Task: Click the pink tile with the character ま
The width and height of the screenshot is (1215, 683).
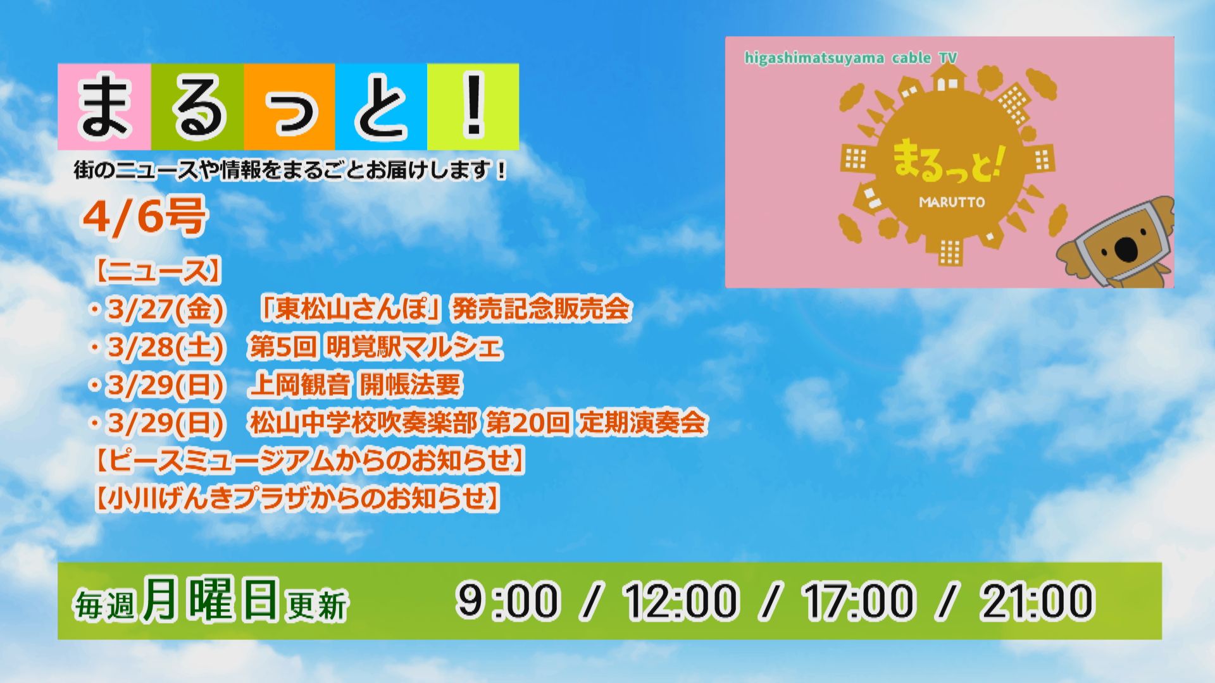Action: click(x=104, y=107)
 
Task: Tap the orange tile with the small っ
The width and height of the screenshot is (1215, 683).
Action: click(x=289, y=107)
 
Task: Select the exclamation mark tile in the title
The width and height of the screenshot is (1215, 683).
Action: click(x=473, y=107)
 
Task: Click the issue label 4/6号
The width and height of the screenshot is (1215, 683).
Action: click(x=144, y=216)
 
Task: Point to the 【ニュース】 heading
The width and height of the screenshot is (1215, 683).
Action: click(x=158, y=271)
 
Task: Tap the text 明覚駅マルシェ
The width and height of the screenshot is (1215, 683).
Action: click(x=414, y=347)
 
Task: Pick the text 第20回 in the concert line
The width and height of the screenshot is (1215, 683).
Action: click(x=528, y=422)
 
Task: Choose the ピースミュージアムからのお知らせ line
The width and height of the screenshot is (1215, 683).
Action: click(x=309, y=460)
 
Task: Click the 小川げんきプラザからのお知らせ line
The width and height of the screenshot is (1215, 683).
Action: click(x=297, y=498)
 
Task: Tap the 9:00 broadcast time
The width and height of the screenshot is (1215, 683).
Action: click(x=508, y=600)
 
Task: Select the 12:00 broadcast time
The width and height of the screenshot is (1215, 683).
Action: click(x=681, y=600)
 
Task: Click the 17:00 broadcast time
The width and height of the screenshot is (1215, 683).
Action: click(x=859, y=600)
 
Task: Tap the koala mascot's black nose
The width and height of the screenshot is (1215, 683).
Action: click(x=1126, y=249)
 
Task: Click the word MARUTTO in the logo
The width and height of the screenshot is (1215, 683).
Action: click(x=952, y=202)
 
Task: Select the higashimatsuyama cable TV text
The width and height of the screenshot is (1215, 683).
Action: click(x=850, y=58)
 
